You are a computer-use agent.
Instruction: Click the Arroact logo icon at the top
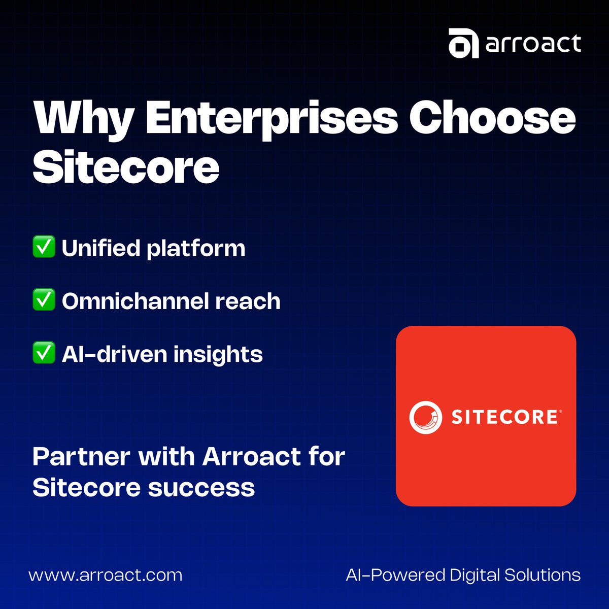463,44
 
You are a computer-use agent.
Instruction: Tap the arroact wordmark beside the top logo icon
533,44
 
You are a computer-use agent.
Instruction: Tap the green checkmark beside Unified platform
44,247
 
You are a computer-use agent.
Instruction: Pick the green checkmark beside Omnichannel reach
44,300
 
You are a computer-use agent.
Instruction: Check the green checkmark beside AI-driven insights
44,353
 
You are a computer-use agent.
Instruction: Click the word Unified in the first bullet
100,248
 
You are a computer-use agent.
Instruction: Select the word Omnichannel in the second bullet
134,301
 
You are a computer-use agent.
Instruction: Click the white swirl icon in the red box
425,417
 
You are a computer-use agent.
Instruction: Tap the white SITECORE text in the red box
504,417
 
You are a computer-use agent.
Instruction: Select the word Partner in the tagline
81,457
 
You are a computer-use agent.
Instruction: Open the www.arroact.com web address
106,575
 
